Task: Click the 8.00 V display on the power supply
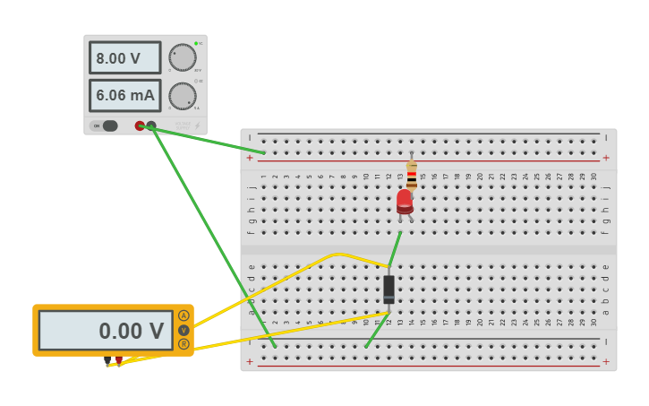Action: coord(124,58)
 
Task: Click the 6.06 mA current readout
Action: coord(124,95)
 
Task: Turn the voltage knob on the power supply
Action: coord(183,57)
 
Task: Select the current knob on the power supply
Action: coord(183,96)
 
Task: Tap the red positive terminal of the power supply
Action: coord(140,125)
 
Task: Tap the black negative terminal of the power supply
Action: coord(151,125)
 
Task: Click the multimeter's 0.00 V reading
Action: coord(107,331)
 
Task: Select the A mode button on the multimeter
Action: coord(184,315)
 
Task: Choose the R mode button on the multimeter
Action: coord(184,343)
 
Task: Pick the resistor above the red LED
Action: coord(412,172)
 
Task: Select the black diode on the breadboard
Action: coord(389,289)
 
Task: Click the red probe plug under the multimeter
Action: coord(118,360)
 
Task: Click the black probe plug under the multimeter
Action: coord(107,360)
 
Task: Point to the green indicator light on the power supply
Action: coord(195,43)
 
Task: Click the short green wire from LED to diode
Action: coord(394,250)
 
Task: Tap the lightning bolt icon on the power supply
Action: coord(197,125)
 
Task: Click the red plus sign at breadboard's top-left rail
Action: coord(250,158)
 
